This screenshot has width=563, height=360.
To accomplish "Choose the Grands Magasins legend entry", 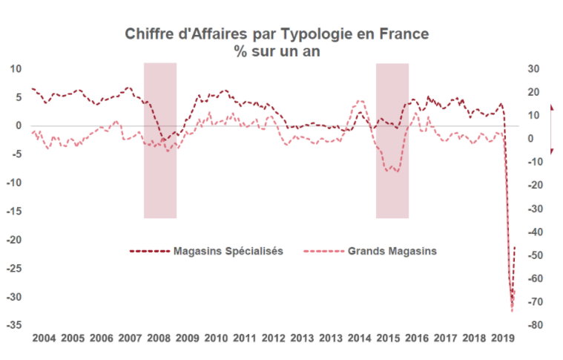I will (392, 251).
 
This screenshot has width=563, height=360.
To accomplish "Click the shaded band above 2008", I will (160, 140).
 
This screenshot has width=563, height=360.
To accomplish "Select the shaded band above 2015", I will (392, 140).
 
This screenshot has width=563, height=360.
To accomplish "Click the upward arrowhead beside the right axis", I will (551, 108).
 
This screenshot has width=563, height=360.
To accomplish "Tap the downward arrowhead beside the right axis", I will (551, 151).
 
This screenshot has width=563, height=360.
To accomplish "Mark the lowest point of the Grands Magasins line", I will (512, 311).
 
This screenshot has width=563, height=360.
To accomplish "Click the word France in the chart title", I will (405, 34).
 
